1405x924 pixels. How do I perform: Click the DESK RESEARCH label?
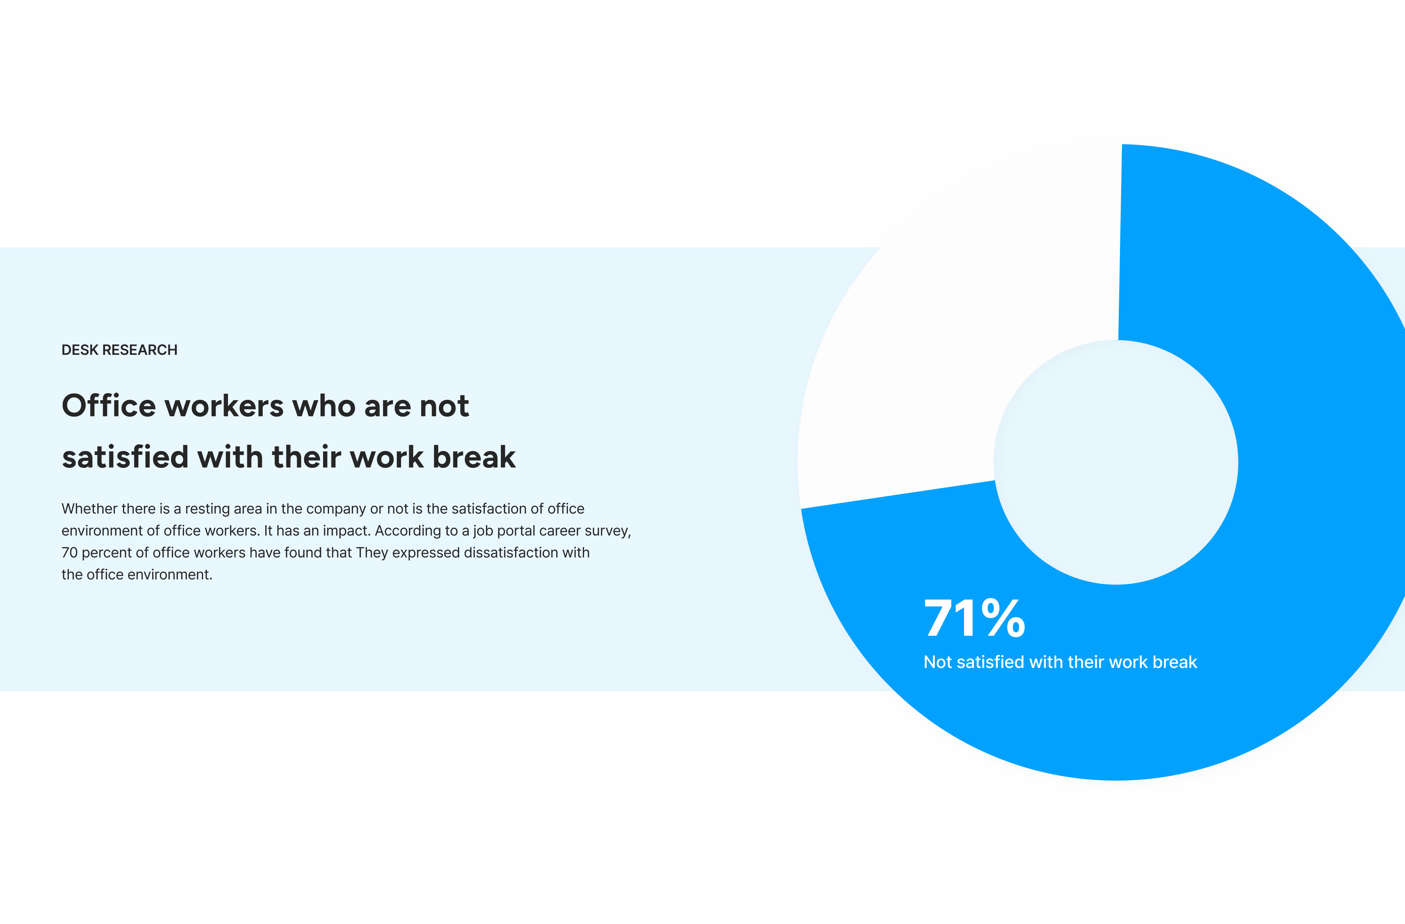coord(119,350)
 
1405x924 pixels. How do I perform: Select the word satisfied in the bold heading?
coord(125,457)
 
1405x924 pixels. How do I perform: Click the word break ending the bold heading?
coord(474,457)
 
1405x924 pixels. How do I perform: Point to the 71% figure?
coord(975,618)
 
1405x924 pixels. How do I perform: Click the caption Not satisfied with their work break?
coord(1060,662)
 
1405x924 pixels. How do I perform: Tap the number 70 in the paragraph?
coord(70,553)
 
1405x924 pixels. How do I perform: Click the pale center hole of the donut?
coord(1116,462)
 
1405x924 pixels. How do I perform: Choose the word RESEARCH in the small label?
coord(140,350)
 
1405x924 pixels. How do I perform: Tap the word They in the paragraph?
coord(372,553)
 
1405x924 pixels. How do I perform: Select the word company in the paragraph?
coord(336,508)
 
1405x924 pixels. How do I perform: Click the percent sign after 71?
coord(1004,618)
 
